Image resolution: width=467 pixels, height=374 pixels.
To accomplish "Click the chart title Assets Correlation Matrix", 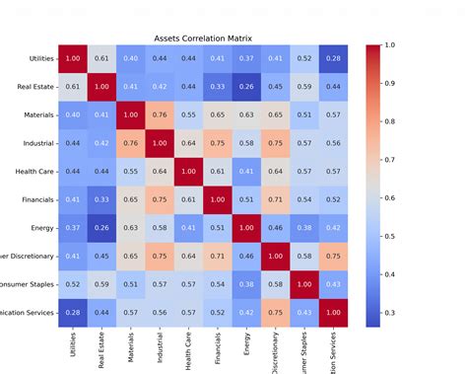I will pyautogui.click(x=203, y=39).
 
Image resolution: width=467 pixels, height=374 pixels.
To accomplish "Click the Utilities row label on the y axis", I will pyautogui.click(x=35, y=59).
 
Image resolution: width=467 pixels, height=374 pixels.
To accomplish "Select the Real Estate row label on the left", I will pyautogui.click(x=33, y=87).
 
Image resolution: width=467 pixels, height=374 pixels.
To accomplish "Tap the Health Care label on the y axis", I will pyautogui.click(x=33, y=172).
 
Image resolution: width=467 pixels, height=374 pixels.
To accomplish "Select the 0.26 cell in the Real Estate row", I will pyautogui.click(x=247, y=87).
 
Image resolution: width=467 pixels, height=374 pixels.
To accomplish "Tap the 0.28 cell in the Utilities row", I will pyautogui.click(x=335, y=59).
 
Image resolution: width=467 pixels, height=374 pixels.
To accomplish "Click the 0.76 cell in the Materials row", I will pyautogui.click(x=160, y=115).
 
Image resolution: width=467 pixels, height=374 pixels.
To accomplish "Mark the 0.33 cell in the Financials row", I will pyautogui.click(x=101, y=200).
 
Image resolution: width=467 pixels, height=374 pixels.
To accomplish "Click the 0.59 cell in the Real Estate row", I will pyautogui.click(x=305, y=87).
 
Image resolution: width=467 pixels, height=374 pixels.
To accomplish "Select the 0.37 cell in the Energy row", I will pyautogui.click(x=73, y=229).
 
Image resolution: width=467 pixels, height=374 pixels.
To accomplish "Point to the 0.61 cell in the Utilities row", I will pyautogui.click(x=101, y=59).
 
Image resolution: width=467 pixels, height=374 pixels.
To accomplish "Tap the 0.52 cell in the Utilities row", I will pyautogui.click(x=305, y=59).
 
